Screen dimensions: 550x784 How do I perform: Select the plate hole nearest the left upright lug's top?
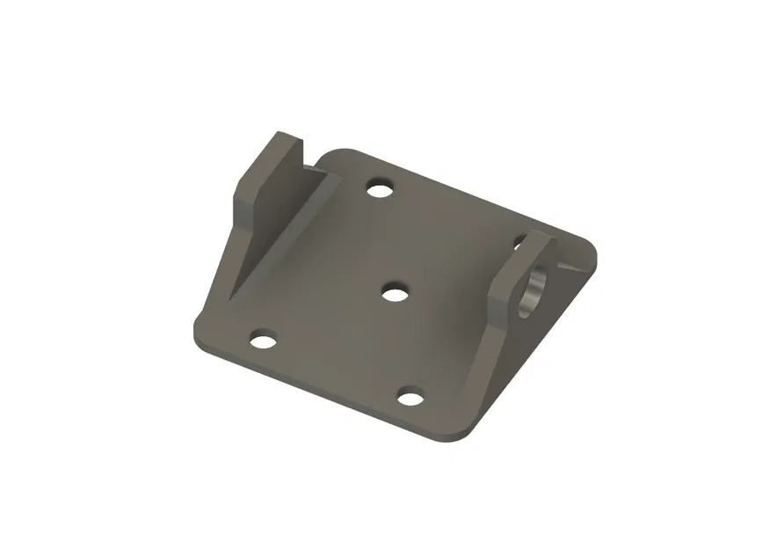[x=380, y=188]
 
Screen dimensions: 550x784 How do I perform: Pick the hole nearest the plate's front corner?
[x=410, y=397]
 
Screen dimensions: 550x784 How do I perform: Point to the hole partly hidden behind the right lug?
[x=520, y=239]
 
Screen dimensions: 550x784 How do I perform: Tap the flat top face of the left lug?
[x=290, y=141]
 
